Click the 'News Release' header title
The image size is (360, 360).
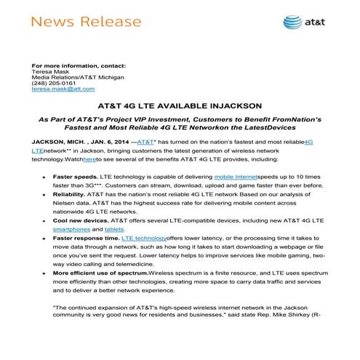tap(79, 21)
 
